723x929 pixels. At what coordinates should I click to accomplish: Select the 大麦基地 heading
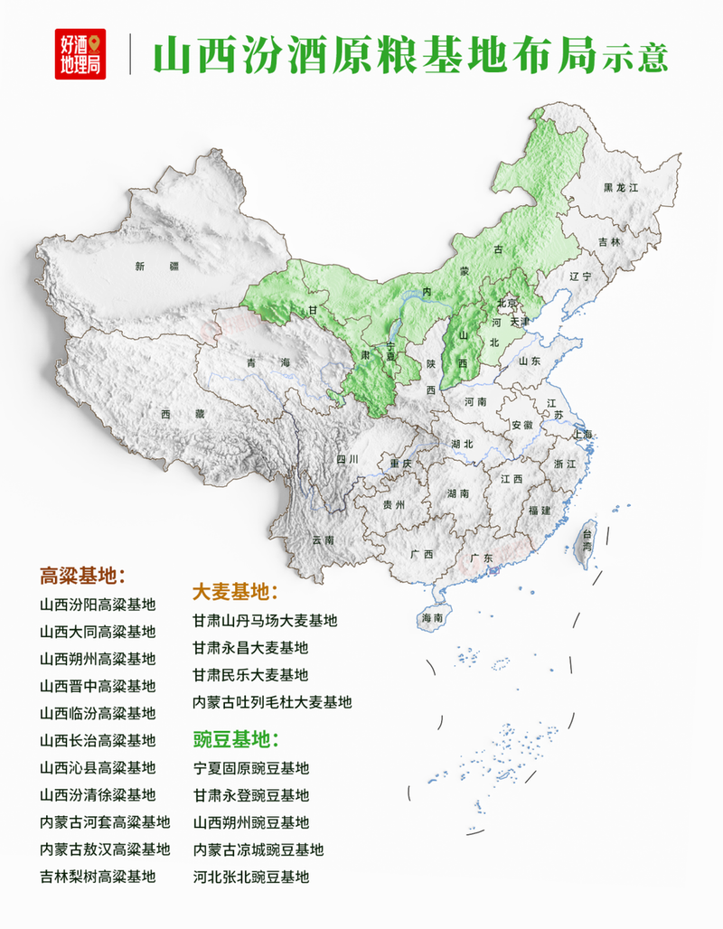pyautogui.click(x=234, y=593)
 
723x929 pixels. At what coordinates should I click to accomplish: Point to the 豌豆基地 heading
pyautogui.click(x=234, y=740)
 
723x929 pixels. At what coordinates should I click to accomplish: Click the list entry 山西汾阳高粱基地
pyautogui.click(x=98, y=605)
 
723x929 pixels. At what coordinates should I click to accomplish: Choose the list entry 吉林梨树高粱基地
pyautogui.click(x=98, y=876)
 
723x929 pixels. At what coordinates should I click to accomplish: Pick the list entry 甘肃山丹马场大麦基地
pyautogui.click(x=265, y=621)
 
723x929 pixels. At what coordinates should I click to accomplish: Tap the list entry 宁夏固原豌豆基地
pyautogui.click(x=250, y=768)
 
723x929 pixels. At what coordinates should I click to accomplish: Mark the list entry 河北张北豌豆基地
pyautogui.click(x=250, y=877)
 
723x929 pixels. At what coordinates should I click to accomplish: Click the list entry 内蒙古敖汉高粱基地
pyautogui.click(x=105, y=849)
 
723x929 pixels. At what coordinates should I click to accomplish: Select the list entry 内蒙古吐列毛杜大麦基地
pyautogui.click(x=272, y=702)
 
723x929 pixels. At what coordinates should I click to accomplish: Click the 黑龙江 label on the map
pyautogui.click(x=621, y=187)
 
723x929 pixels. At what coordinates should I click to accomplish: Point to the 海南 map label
pyautogui.click(x=431, y=618)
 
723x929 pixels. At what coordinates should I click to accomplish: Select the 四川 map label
pyautogui.click(x=348, y=459)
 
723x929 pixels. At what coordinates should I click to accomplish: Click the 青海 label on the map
pyautogui.click(x=268, y=362)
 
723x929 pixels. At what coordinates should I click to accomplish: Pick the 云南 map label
pyautogui.click(x=323, y=540)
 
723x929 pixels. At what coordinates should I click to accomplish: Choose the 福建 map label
pyautogui.click(x=540, y=511)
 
